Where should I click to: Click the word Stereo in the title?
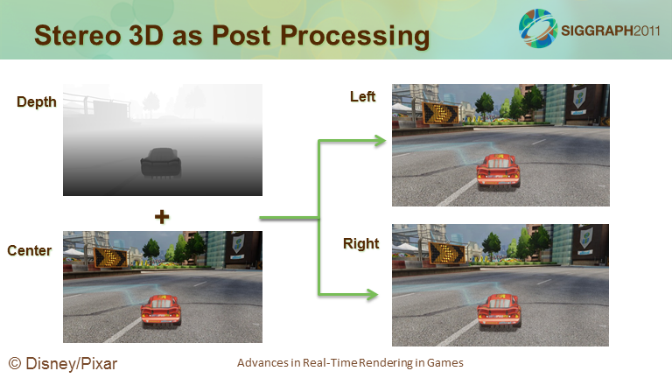[x=78, y=35]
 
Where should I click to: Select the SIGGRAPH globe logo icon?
[x=537, y=28]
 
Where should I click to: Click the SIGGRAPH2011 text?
[x=610, y=31]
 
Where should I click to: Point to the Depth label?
[x=37, y=102]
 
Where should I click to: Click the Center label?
[x=29, y=250]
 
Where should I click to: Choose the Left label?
[x=362, y=96]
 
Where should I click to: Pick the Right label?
[x=360, y=244]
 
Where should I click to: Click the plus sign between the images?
[x=162, y=217]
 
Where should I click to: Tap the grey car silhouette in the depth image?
[x=161, y=163]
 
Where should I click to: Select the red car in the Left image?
[x=499, y=171]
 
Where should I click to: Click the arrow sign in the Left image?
[x=441, y=113]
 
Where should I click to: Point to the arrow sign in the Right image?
[x=447, y=253]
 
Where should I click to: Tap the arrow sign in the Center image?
[x=110, y=257]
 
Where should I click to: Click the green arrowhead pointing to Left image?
[x=380, y=141]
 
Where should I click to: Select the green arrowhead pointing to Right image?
[x=372, y=294]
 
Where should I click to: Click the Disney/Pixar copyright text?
[x=63, y=363]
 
